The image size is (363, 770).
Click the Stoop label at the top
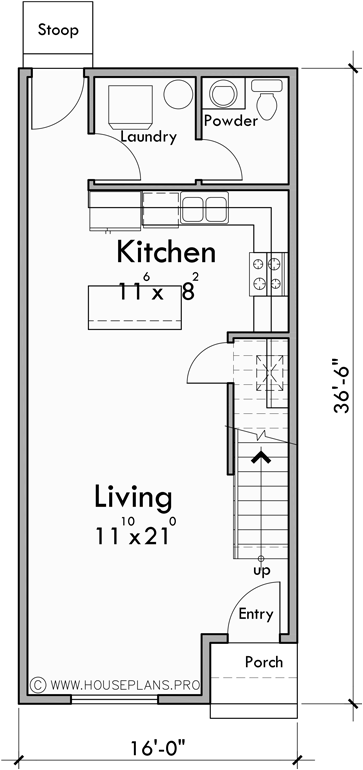coord(59,30)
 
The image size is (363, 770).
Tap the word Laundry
coord(148,137)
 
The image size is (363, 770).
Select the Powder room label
coord(230,121)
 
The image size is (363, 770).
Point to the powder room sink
coord(222,96)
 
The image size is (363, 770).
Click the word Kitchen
coord(165,251)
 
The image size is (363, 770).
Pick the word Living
coord(133,496)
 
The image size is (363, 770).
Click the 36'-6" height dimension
coord(342,385)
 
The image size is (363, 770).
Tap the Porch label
coord(263,662)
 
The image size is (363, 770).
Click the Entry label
coord(255,614)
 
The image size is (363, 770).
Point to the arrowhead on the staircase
coord(261,457)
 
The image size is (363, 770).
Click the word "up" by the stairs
coord(261,570)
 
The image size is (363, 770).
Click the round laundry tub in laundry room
coord(176,97)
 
